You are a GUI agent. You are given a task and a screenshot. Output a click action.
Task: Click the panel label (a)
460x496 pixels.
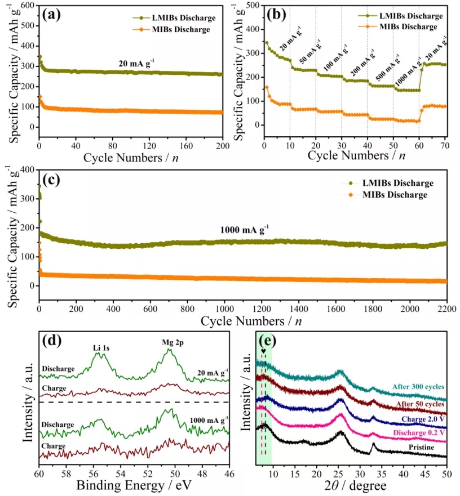pos(53,15)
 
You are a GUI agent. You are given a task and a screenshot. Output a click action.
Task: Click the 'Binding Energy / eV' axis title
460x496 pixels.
pos(134,484)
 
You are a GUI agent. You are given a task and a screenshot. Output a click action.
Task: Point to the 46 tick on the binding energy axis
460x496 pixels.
pos(229,473)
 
